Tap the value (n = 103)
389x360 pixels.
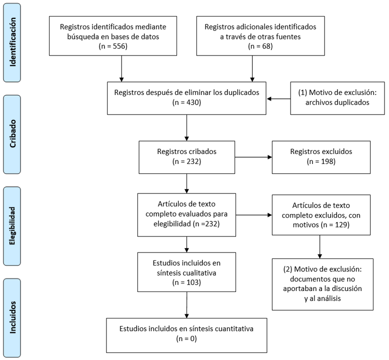coord(186,281)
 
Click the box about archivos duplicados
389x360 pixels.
coord(337,98)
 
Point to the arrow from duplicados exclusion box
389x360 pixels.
coord(279,98)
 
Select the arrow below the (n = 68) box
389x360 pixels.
coord(252,68)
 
